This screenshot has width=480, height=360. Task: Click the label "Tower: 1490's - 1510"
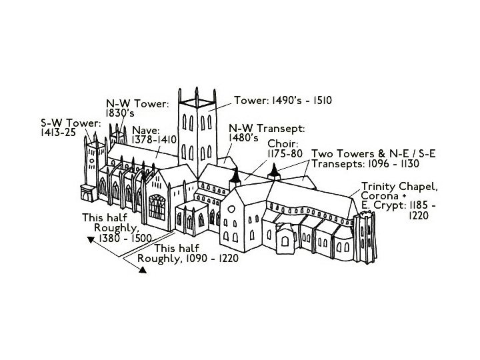click(x=283, y=101)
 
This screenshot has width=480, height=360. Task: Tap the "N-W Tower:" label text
click(x=138, y=104)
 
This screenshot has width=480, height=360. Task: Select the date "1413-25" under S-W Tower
click(x=58, y=133)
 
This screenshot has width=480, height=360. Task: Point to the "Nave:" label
click(x=145, y=130)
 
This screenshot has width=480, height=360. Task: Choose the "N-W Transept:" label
click(x=267, y=128)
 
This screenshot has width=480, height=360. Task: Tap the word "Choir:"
click(x=283, y=143)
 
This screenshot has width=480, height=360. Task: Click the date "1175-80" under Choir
click(x=285, y=153)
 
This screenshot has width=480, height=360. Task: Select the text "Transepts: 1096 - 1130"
click(x=363, y=163)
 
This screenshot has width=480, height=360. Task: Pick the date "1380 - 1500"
click(x=125, y=238)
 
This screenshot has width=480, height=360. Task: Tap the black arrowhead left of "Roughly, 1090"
click(x=143, y=270)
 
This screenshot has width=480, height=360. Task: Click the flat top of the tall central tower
click(x=198, y=101)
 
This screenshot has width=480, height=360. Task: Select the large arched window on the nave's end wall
click(x=157, y=207)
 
